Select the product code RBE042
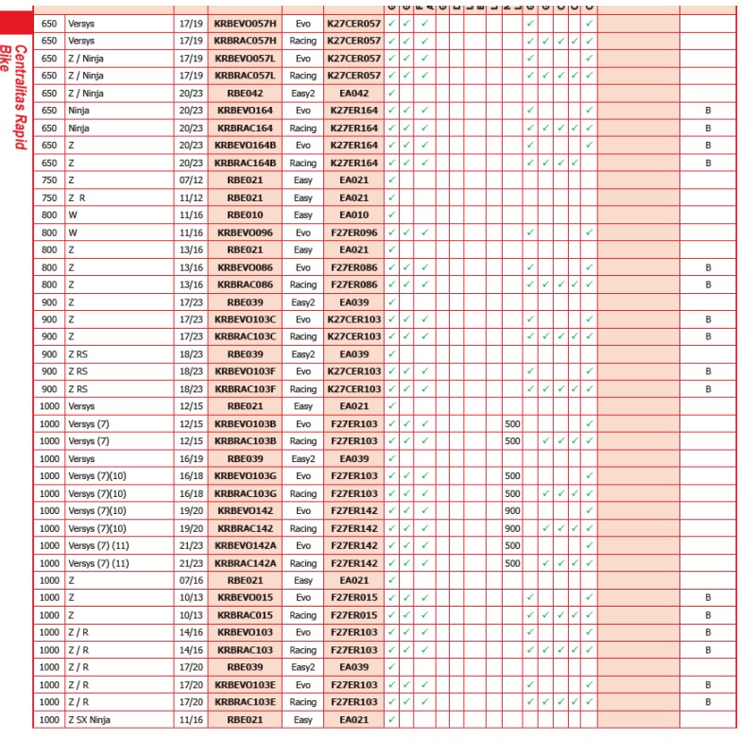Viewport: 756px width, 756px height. click(245, 93)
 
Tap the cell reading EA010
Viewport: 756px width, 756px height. click(352, 215)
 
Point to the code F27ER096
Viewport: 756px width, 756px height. click(352, 232)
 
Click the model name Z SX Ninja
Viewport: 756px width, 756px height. click(95, 720)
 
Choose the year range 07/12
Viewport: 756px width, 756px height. click(187, 180)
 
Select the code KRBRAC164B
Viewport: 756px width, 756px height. click(245, 163)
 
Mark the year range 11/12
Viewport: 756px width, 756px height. click(187, 197)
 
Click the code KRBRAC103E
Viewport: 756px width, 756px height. click(245, 702)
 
